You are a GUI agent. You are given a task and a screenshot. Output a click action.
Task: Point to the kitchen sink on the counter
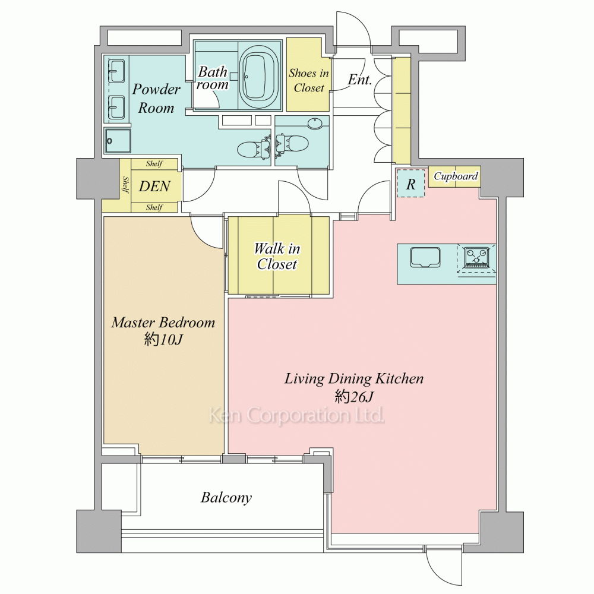coord(425,257)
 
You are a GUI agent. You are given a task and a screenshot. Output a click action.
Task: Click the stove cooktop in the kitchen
coord(476,258)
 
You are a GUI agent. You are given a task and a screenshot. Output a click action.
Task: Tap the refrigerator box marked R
coord(410,184)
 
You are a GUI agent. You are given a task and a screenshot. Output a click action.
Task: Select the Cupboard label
coord(456,176)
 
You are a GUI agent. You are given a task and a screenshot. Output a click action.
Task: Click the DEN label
coord(154,186)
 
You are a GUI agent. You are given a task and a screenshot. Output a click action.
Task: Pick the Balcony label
coord(226,497)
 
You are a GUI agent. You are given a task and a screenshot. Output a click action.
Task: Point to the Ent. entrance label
coord(359,80)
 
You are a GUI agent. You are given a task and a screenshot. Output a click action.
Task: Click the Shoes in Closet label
coord(309,80)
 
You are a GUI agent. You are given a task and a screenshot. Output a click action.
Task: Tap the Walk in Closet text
coord(277,257)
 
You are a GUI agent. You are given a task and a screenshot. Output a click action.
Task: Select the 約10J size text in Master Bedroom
coord(163,339)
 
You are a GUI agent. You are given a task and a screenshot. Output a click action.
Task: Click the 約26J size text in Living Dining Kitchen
coord(354,397)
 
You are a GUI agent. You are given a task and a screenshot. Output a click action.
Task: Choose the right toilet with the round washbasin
coord(292,144)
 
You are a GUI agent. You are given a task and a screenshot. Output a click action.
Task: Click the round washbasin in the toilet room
coord(315,124)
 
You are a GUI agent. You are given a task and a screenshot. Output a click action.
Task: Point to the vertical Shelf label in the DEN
coord(125,185)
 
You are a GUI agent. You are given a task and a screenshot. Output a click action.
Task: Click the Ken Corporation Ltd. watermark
coord(296,415)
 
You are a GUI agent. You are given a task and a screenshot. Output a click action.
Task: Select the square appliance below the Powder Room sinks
coord(118,141)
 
